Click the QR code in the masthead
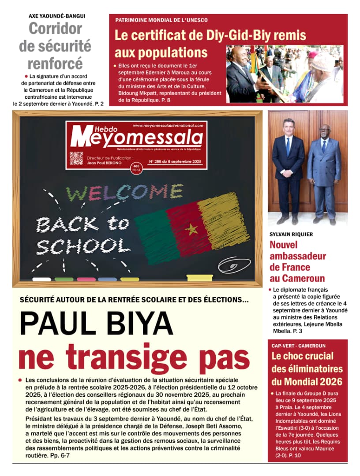(x=76, y=158)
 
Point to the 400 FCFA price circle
(x=136, y=167)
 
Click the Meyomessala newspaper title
(x=136, y=138)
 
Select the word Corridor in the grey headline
(x=56, y=29)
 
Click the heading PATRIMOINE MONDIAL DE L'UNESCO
(x=161, y=20)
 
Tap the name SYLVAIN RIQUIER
(x=291, y=234)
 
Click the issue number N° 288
(x=156, y=162)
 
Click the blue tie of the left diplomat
(x=288, y=146)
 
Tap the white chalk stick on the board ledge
(x=42, y=279)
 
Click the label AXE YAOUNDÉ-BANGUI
(x=57, y=16)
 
